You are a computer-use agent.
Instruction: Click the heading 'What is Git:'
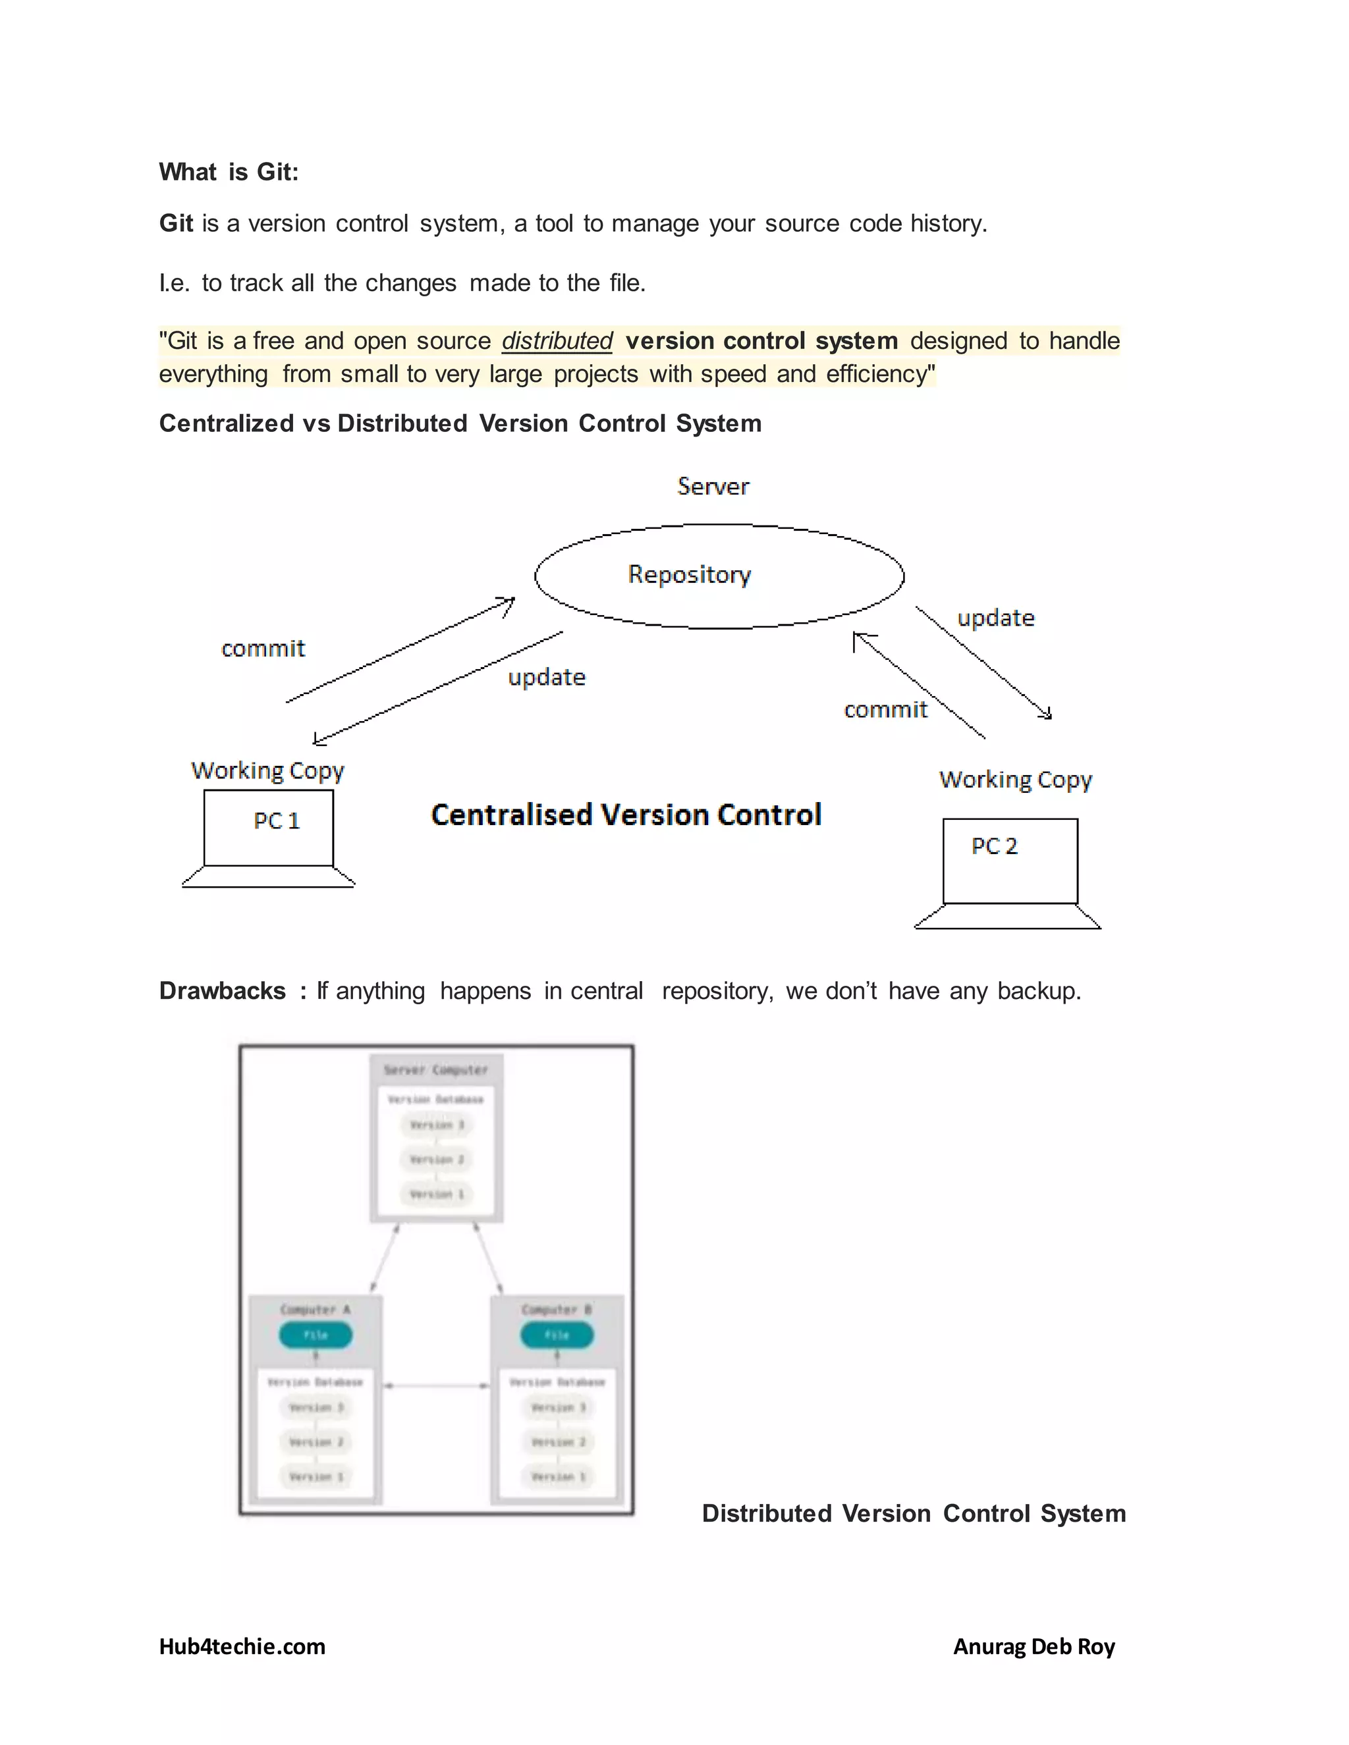pyautogui.click(x=229, y=172)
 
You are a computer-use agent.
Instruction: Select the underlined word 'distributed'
pyautogui.click(x=557, y=341)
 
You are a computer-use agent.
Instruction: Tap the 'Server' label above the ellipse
pyautogui.click(x=713, y=486)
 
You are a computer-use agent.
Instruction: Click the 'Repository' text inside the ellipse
pyautogui.click(x=689, y=574)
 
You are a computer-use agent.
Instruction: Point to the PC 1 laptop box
pyautogui.click(x=269, y=827)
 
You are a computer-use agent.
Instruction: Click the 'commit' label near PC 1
pyautogui.click(x=263, y=648)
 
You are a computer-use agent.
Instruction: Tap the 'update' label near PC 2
pyautogui.click(x=996, y=618)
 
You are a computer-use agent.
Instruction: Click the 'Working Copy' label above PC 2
pyautogui.click(x=1015, y=779)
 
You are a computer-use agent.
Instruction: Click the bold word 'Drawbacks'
pyautogui.click(x=222, y=991)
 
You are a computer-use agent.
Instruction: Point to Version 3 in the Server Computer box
pyautogui.click(x=436, y=1125)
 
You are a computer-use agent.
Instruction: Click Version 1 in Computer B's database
pyautogui.click(x=558, y=1476)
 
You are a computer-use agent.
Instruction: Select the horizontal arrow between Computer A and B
pyautogui.click(x=436, y=1385)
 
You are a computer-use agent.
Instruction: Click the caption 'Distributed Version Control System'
pyautogui.click(x=914, y=1513)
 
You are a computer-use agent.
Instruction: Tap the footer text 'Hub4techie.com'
pyautogui.click(x=242, y=1646)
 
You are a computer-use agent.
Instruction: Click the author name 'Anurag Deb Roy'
pyautogui.click(x=1033, y=1646)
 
